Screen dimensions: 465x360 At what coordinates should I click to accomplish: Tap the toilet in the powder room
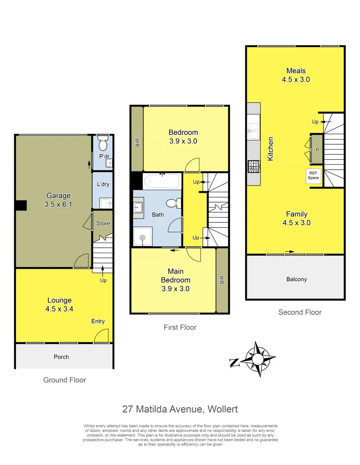[x=102, y=143]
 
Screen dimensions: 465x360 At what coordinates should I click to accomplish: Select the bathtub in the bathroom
[x=161, y=181]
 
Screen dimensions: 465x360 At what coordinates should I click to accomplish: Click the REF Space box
[x=313, y=176]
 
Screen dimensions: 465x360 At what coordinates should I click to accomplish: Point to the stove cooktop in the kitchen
[x=253, y=166]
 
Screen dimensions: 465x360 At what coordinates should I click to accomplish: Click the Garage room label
[x=58, y=196]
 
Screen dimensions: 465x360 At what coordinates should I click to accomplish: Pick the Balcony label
[x=296, y=279]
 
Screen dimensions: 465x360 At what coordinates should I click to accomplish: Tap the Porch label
[x=61, y=356]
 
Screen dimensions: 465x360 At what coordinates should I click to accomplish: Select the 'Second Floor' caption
[x=300, y=312]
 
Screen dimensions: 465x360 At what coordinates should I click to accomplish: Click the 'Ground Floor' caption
[x=65, y=380]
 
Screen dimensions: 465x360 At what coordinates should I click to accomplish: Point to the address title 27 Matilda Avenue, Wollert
[x=180, y=409]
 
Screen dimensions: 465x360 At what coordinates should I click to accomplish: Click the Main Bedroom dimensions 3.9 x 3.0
[x=175, y=289]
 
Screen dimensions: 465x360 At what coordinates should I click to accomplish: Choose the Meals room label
[x=296, y=71]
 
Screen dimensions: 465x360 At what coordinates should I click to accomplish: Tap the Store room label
[x=103, y=223]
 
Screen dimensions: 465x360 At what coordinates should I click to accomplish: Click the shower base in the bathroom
[x=142, y=237]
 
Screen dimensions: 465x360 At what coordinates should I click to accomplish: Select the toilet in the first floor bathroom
[x=173, y=203]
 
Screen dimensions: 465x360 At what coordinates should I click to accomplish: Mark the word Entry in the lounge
[x=98, y=321]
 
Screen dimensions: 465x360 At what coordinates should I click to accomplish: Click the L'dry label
[x=103, y=184]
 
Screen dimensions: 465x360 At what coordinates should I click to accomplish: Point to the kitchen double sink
[x=253, y=131]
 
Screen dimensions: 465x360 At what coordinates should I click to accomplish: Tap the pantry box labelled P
[x=317, y=149]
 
